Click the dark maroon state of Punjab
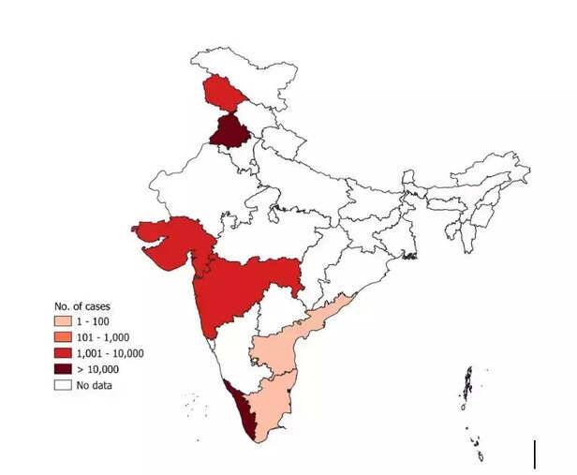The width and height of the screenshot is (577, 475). [226, 130]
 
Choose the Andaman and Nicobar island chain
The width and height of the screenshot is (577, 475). [466, 389]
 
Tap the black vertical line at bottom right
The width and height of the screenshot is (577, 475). [535, 453]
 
